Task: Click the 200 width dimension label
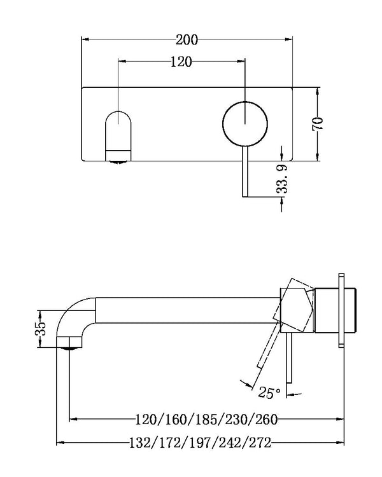click(x=187, y=39)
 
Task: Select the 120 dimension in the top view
click(x=181, y=62)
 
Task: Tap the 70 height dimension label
click(x=318, y=123)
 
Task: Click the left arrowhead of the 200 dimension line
click(x=84, y=39)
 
